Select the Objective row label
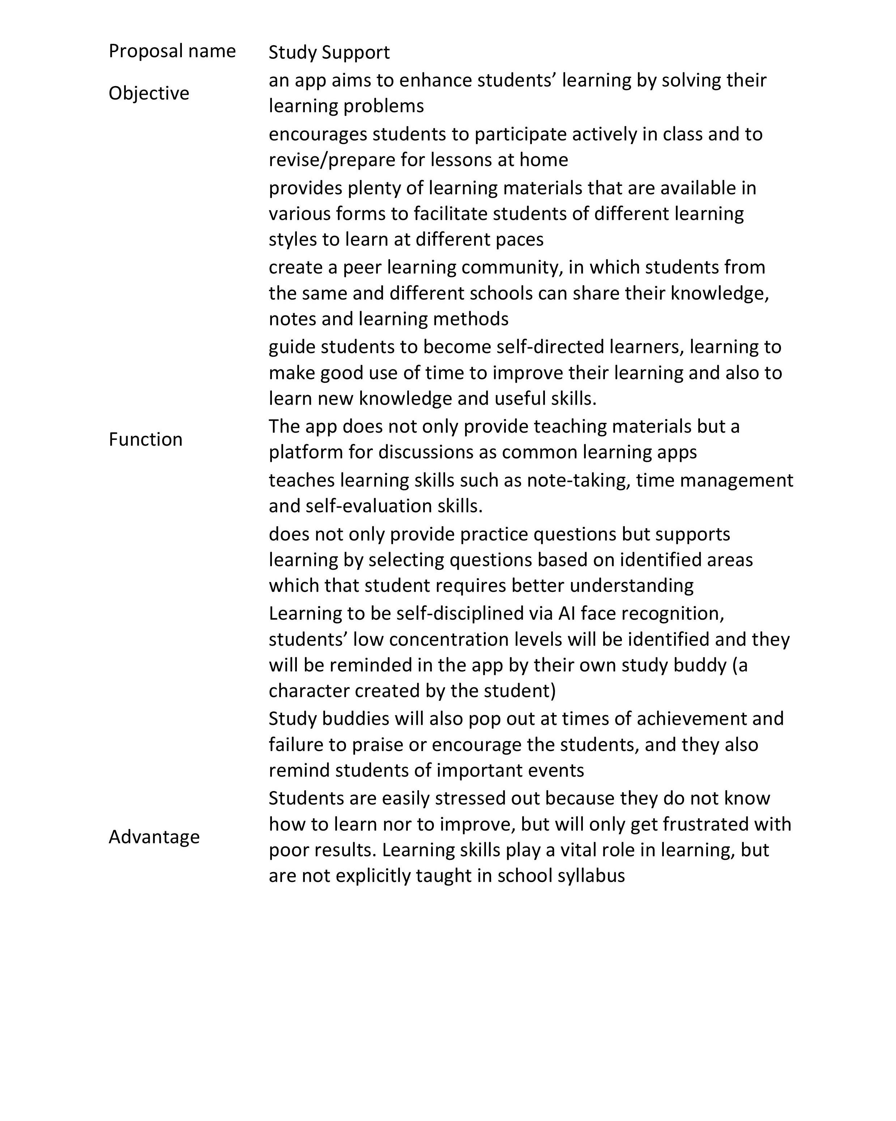coord(149,93)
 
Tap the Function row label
coord(145,440)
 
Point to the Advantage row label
coord(154,837)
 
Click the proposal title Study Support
coord(329,52)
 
